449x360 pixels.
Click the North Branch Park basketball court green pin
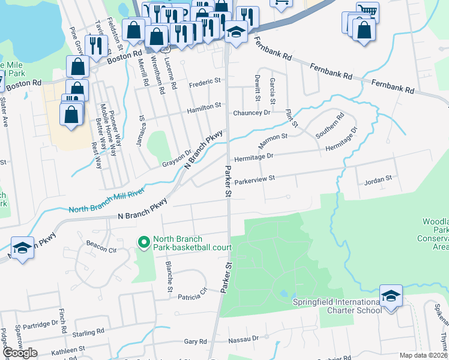tap(143, 242)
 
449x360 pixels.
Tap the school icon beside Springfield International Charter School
tap(391, 296)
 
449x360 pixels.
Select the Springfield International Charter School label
tap(337, 306)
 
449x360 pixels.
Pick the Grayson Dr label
tap(176, 158)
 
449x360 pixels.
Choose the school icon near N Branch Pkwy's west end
tap(22, 248)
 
